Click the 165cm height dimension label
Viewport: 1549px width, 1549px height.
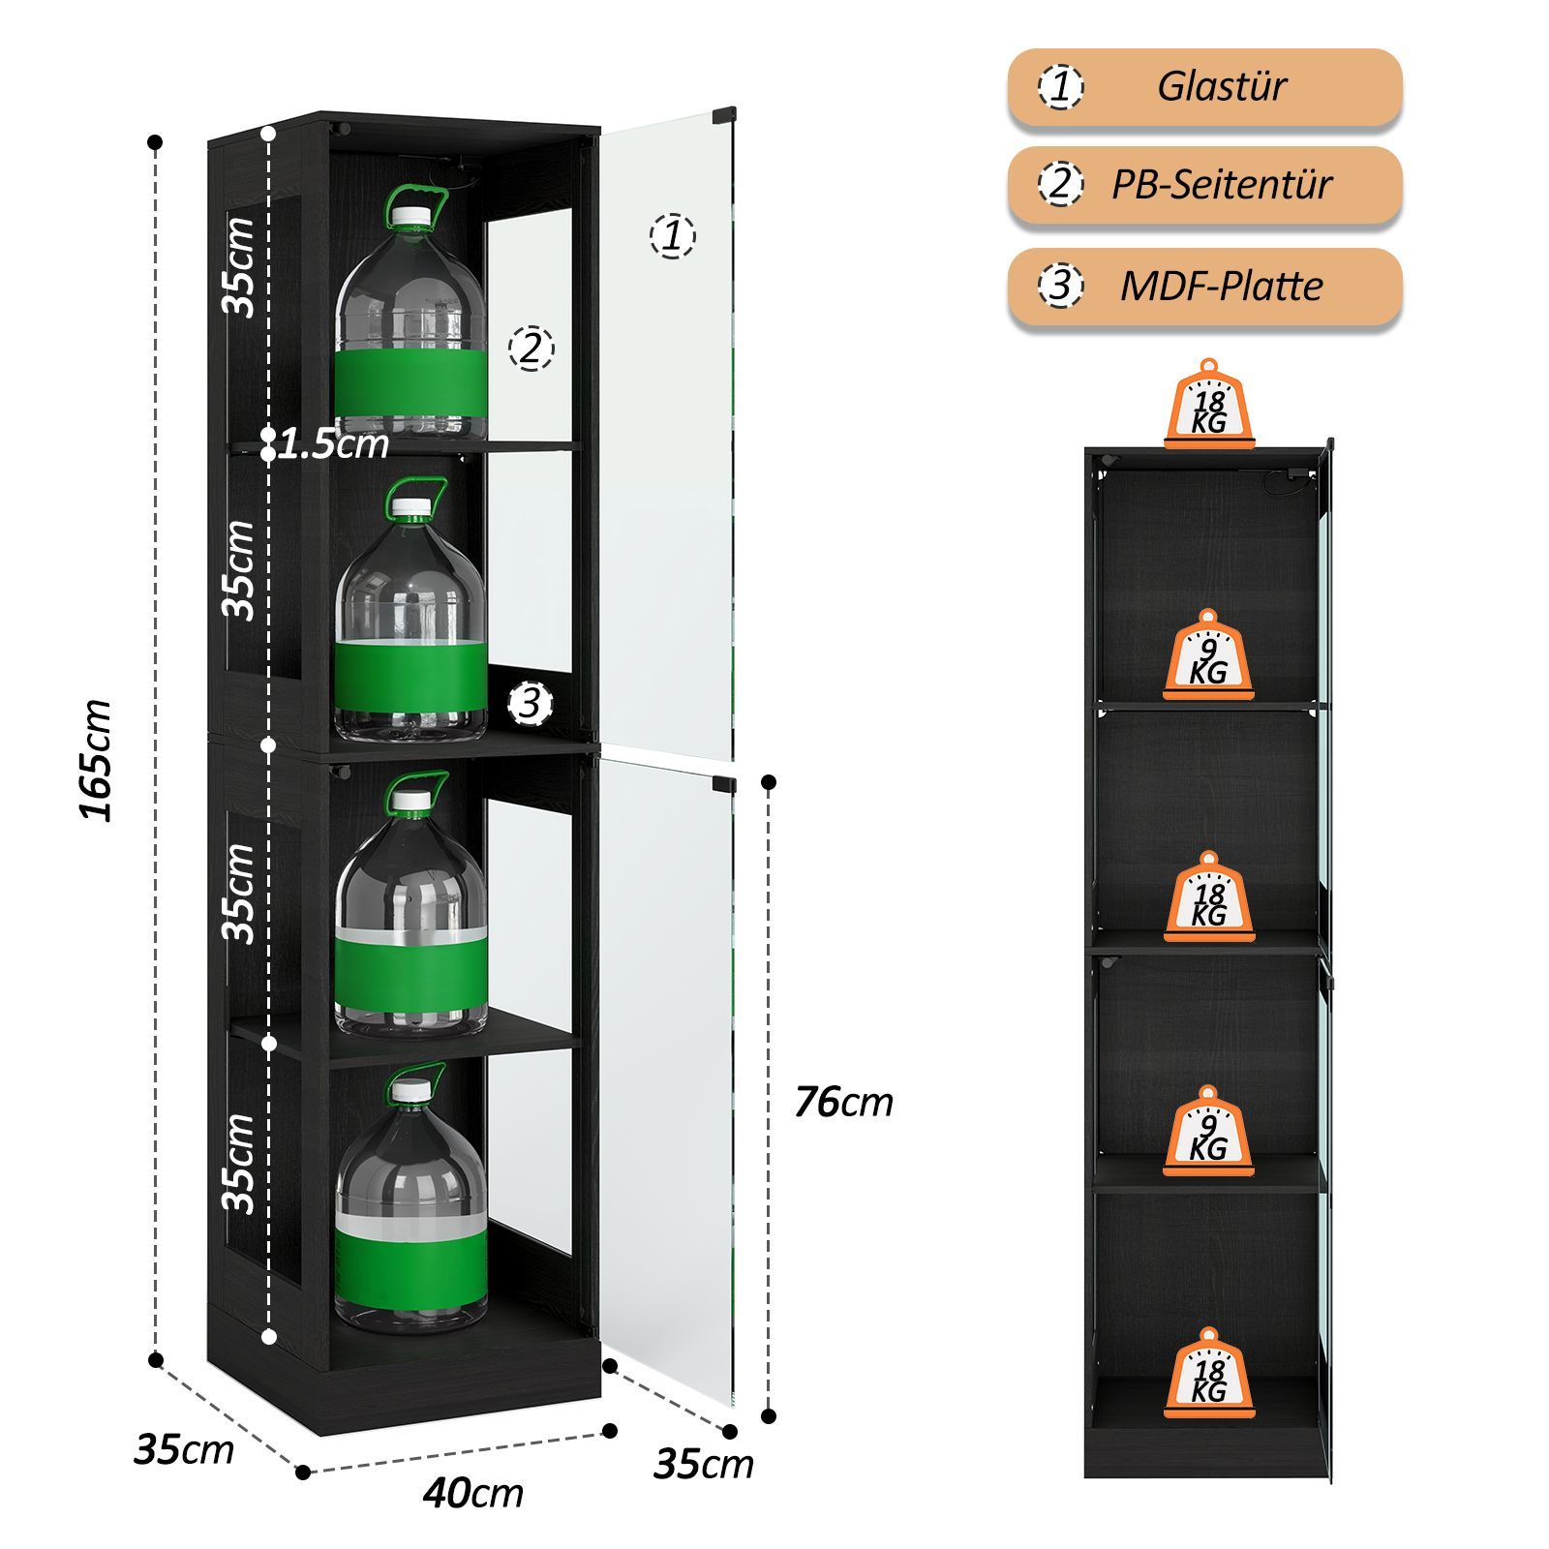point(97,760)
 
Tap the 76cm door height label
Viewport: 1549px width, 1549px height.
point(843,1102)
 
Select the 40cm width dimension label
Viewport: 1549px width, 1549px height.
point(473,1493)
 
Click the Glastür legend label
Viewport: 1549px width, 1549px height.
point(1222,86)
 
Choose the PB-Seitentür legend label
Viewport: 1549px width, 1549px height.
point(1222,184)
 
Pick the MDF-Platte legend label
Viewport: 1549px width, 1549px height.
point(1222,286)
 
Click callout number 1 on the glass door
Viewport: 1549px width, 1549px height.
point(673,235)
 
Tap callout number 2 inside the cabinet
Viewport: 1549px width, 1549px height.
point(531,348)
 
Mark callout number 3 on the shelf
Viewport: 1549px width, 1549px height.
point(530,704)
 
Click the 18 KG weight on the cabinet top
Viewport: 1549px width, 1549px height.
point(1209,406)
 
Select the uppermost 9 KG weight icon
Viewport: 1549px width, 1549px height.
point(1208,655)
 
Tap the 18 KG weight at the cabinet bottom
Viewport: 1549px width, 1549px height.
point(1209,1374)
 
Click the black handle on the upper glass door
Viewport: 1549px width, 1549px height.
point(724,115)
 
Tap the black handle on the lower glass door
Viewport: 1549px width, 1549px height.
point(724,783)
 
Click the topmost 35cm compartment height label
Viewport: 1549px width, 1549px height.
point(239,266)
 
